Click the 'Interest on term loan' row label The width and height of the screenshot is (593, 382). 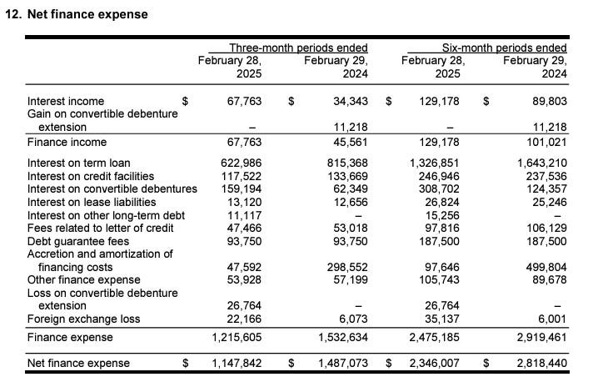[x=79, y=162]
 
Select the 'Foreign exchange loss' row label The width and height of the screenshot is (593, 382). [x=84, y=319]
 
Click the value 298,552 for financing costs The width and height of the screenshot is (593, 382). [x=345, y=267]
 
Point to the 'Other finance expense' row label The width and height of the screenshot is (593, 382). [x=84, y=279]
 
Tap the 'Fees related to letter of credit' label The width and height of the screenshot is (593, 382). [x=102, y=228]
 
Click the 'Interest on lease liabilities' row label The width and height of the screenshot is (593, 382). [x=92, y=202]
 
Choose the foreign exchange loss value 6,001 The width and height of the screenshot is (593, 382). [x=549, y=319]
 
